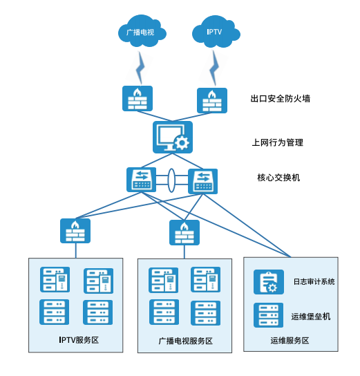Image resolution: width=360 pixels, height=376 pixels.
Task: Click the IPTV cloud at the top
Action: click(x=216, y=32)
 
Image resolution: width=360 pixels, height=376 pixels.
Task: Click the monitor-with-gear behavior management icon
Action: click(x=171, y=137)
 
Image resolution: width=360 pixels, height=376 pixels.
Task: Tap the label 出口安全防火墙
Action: click(x=280, y=99)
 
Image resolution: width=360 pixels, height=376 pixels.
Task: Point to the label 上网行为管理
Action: click(x=277, y=143)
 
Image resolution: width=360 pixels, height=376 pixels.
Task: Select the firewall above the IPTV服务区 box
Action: click(x=75, y=231)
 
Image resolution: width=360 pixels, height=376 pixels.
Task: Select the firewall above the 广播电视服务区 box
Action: click(x=184, y=232)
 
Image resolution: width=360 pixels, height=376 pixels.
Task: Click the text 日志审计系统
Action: click(x=314, y=282)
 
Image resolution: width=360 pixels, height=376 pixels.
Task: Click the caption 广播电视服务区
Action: click(x=185, y=341)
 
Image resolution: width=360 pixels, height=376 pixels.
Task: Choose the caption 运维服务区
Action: click(x=290, y=341)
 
